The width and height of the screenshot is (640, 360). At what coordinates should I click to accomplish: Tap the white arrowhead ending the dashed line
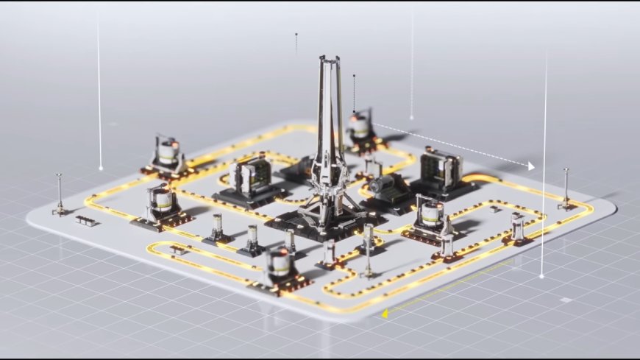[x=531, y=167]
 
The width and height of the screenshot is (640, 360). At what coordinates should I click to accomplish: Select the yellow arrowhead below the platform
[x=385, y=314]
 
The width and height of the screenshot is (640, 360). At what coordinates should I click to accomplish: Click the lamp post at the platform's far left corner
[x=59, y=194]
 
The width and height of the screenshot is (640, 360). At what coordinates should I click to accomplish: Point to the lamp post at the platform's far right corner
[x=566, y=188]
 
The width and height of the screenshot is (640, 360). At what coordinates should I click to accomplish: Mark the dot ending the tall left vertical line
[x=101, y=168]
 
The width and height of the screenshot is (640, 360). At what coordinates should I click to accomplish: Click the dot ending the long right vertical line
[x=541, y=276]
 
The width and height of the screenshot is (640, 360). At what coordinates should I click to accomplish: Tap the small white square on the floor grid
[x=565, y=300]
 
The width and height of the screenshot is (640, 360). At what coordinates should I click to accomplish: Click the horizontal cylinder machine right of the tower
[x=386, y=187]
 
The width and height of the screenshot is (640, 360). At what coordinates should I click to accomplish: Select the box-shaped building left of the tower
[x=250, y=178]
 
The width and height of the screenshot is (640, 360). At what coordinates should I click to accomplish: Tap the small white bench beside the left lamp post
[x=86, y=220]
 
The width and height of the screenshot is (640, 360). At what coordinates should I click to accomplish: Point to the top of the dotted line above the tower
[x=296, y=34]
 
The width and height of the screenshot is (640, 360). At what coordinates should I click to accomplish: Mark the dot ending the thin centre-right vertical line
[x=411, y=117]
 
